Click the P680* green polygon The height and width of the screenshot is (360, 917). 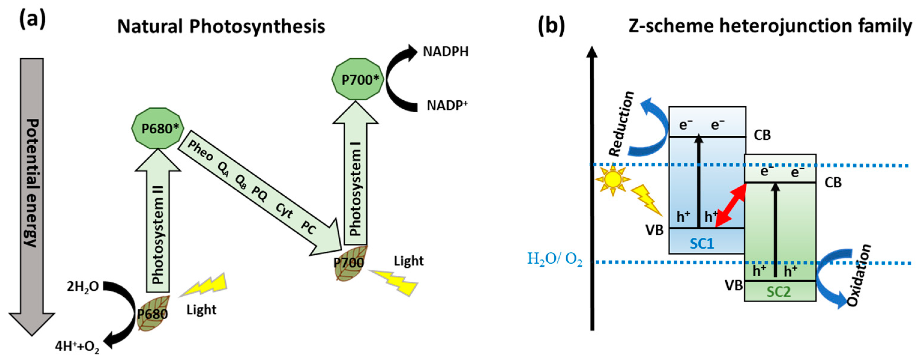pos(157,128)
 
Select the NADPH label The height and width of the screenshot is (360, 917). pos(445,52)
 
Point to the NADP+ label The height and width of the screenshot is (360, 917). pos(447,105)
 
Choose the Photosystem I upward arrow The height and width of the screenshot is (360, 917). pos(355,178)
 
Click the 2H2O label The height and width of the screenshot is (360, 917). pos(83,287)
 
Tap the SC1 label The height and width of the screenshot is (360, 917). pos(702,244)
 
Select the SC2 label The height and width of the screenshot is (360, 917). pos(779,292)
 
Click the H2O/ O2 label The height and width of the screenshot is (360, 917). pos(555,259)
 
